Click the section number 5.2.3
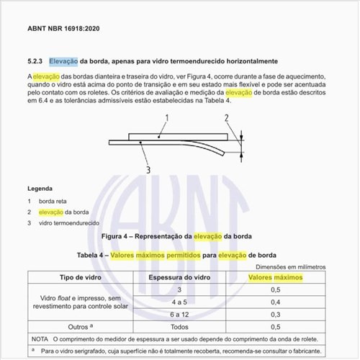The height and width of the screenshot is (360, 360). click(x=36, y=61)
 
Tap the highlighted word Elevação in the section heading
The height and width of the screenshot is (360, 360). click(x=64, y=61)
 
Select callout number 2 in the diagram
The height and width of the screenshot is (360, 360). click(x=226, y=117)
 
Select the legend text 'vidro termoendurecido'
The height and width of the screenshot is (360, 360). click(x=69, y=224)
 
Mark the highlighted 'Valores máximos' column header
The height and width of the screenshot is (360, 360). click(x=276, y=277)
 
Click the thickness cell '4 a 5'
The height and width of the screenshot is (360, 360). click(x=179, y=303)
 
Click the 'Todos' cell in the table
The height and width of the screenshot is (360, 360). click(x=179, y=328)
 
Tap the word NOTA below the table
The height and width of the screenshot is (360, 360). click(x=40, y=339)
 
